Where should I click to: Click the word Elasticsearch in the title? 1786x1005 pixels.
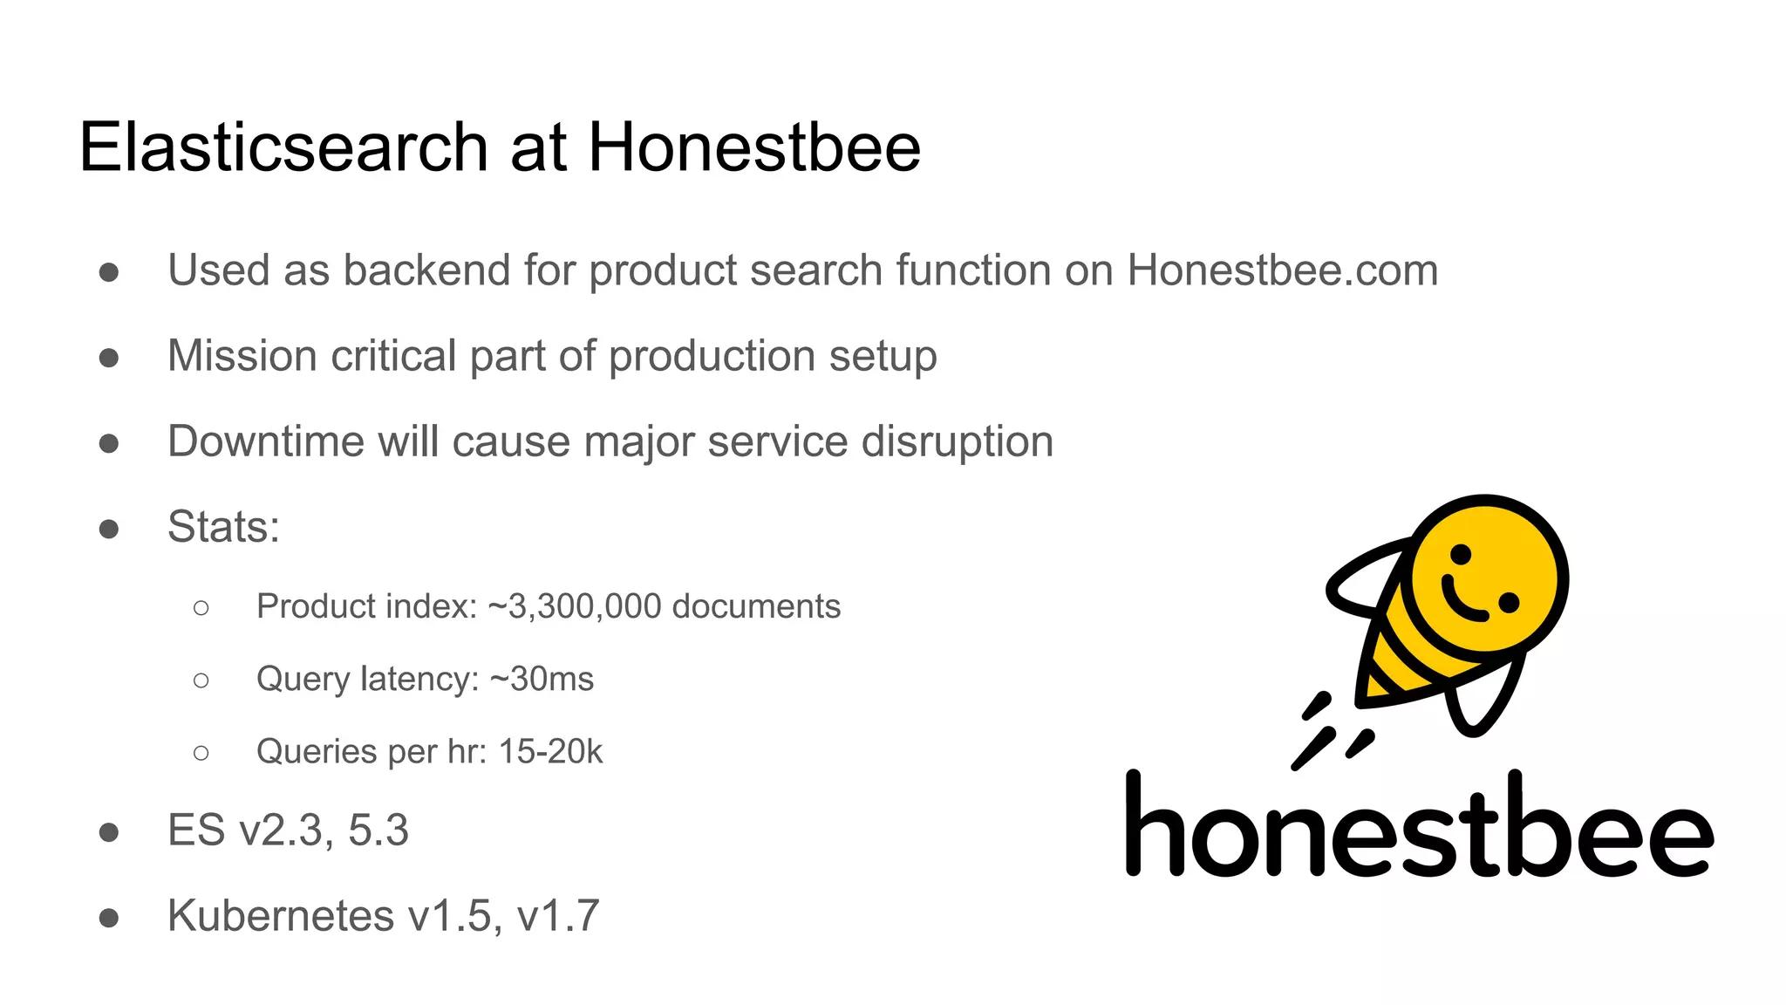[x=283, y=147]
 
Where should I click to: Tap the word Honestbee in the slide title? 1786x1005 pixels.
[x=754, y=147]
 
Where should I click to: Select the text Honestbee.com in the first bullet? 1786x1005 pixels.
[x=1282, y=270]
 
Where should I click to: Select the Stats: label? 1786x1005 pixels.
[x=223, y=527]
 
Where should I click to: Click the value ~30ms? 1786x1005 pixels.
[x=542, y=679]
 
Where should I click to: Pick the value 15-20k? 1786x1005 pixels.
[x=550, y=751]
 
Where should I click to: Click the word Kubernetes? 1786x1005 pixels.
[x=281, y=916]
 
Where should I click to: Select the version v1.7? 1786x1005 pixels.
[x=558, y=916]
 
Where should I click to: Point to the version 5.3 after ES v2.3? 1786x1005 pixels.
[x=378, y=831]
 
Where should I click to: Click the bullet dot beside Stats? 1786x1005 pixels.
[x=109, y=529]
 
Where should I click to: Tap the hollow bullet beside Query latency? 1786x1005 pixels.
[x=201, y=680]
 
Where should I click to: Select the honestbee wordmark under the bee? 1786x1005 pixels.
[x=1419, y=827]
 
